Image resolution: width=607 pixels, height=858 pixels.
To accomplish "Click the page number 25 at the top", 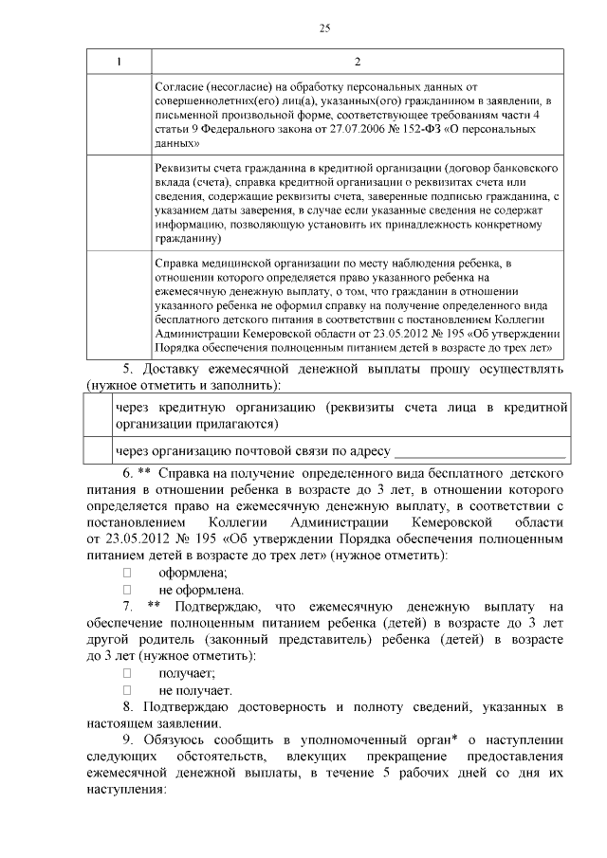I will pyautogui.click(x=324, y=28).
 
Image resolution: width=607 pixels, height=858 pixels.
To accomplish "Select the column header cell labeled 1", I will pyautogui.click(x=119, y=63).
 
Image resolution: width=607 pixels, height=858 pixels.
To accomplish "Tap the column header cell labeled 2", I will pyautogui.click(x=357, y=63).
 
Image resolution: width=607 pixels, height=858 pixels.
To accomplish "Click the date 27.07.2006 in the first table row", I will pyautogui.click(x=353, y=129).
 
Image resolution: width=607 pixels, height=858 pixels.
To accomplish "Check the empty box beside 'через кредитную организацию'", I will pyautogui.click(x=98, y=416).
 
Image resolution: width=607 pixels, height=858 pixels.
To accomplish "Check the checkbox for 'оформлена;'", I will pyautogui.click(x=127, y=573).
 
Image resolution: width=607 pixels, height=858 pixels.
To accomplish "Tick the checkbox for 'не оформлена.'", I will pyautogui.click(x=127, y=590).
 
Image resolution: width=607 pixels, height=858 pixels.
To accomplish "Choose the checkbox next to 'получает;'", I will pyautogui.click(x=127, y=673).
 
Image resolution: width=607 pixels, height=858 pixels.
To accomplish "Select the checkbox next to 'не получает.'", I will pyautogui.click(x=127, y=690).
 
